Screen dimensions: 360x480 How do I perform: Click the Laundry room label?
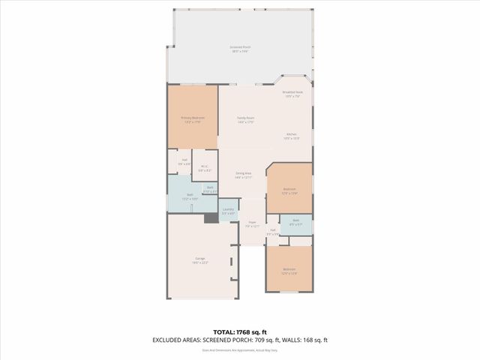pyautogui.click(x=229, y=211)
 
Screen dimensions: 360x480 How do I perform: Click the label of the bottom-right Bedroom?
pyautogui.click(x=289, y=271)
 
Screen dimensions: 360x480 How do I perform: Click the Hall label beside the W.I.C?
pyautogui.click(x=184, y=161)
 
